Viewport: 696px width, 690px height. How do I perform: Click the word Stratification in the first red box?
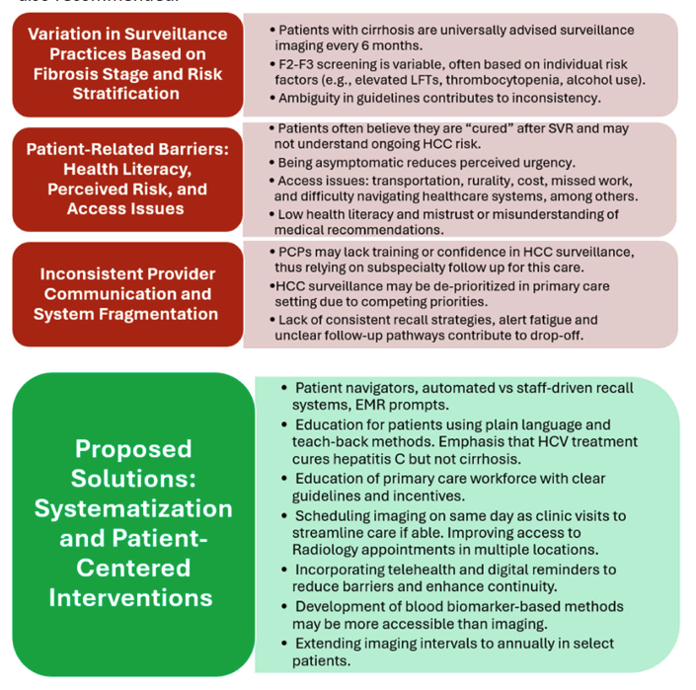126,94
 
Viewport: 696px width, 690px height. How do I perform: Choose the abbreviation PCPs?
293,252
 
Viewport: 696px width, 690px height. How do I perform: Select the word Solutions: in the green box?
133,479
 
